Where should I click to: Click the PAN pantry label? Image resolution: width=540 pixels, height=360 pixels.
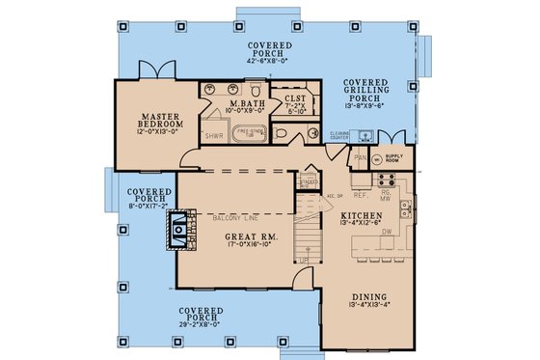point(361,156)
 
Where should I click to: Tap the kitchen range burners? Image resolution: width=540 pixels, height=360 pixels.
point(388,180)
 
